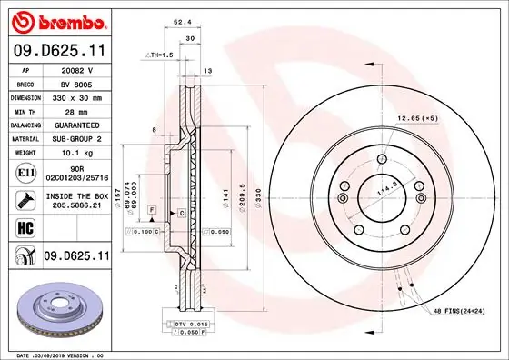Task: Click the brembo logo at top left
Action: pos(57,20)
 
